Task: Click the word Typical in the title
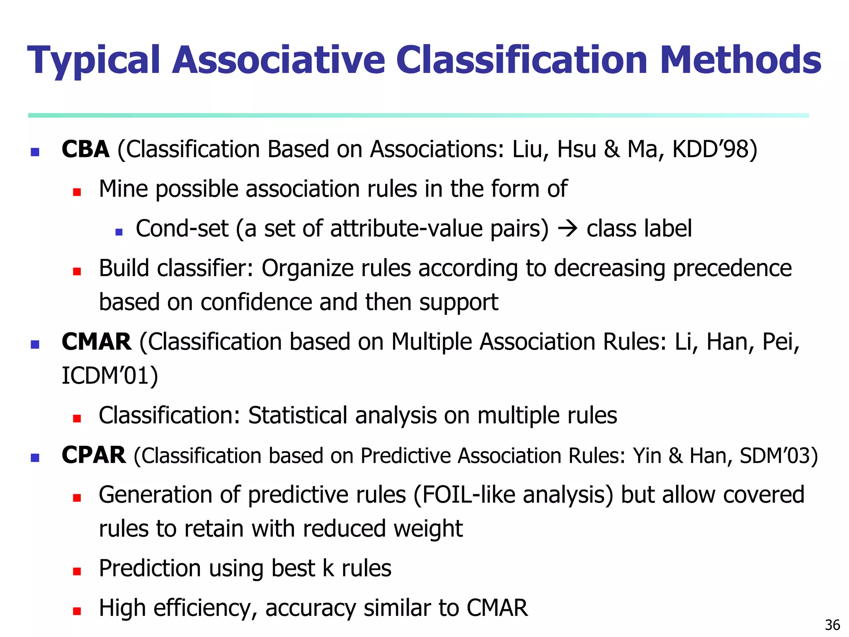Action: point(94,61)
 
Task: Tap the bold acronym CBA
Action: point(85,149)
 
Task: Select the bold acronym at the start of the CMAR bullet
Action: point(96,342)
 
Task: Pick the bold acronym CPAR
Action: point(93,455)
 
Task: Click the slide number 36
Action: point(832,625)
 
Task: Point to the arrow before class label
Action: point(568,229)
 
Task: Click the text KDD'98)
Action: point(714,149)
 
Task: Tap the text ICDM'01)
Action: point(110,376)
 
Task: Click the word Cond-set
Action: point(182,229)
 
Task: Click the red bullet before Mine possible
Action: point(77,192)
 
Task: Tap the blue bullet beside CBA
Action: point(35,152)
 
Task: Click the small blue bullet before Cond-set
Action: point(119,232)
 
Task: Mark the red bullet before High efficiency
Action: point(77,611)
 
